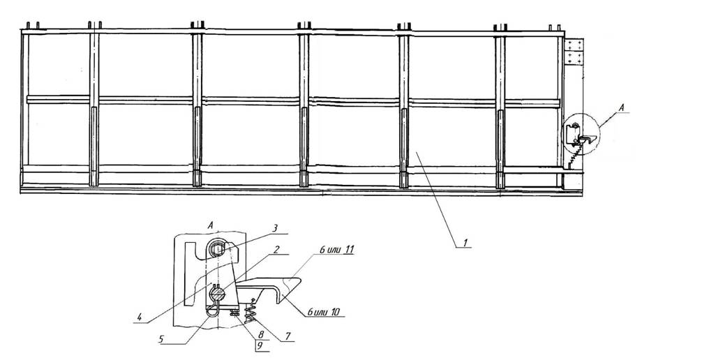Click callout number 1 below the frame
[x=465, y=243]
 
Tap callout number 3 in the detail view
[x=276, y=228]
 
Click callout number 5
[x=161, y=339]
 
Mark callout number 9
[x=259, y=345]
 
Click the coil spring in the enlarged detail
[x=251, y=310]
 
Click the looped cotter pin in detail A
[x=214, y=308]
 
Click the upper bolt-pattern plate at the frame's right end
[x=574, y=45]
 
